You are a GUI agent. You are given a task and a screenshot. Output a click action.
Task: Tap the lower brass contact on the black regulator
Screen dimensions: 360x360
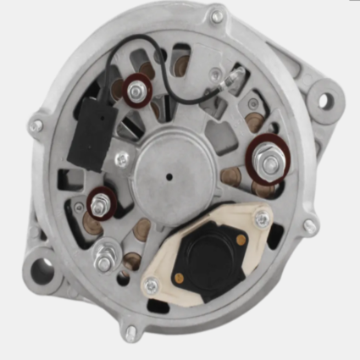[180, 275]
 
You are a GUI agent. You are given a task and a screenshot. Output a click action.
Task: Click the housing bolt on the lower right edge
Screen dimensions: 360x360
[311, 226]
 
